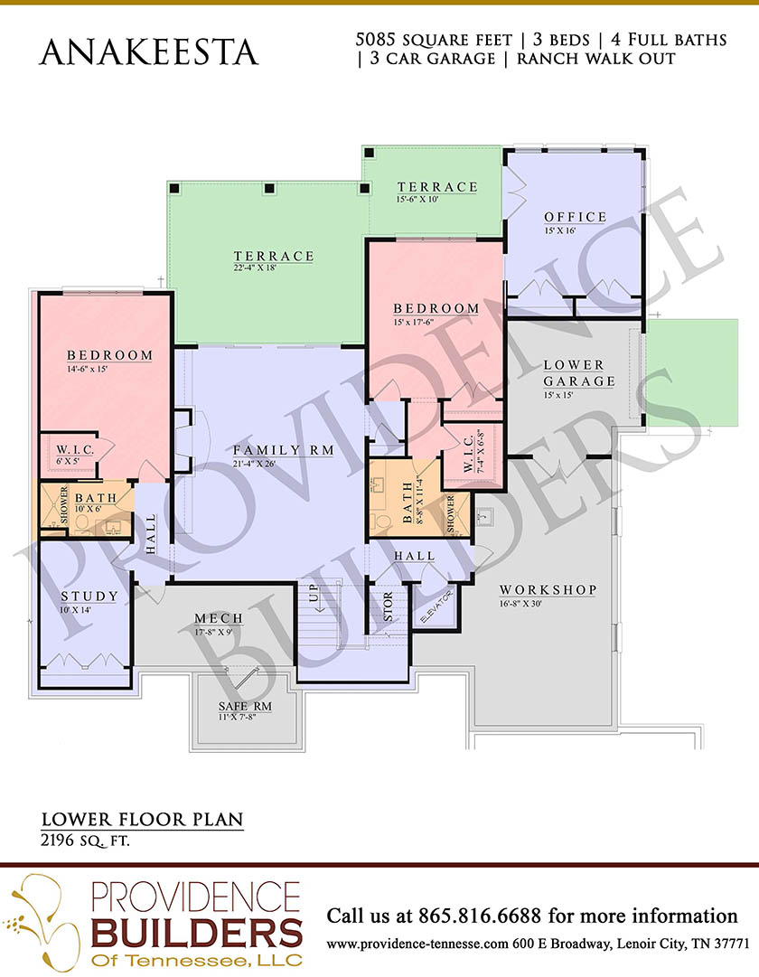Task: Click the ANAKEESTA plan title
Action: click(x=148, y=52)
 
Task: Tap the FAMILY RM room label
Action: click(x=284, y=450)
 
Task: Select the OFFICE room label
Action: click(x=576, y=217)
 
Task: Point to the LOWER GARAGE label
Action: click(x=579, y=372)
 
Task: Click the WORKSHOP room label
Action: click(x=548, y=589)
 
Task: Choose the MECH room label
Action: click(x=219, y=618)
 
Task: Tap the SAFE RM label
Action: click(x=245, y=707)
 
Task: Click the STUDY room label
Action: click(x=89, y=597)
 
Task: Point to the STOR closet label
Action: click(x=388, y=606)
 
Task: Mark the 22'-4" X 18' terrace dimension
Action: click(x=254, y=268)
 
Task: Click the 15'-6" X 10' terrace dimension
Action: click(x=417, y=200)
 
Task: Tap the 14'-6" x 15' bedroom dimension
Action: click(x=88, y=368)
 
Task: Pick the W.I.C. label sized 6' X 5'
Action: click(x=75, y=450)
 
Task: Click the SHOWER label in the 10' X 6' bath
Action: click(x=64, y=504)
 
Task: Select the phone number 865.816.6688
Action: click(x=479, y=916)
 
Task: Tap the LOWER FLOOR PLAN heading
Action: click(x=142, y=820)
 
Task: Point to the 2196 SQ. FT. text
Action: click(x=85, y=841)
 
